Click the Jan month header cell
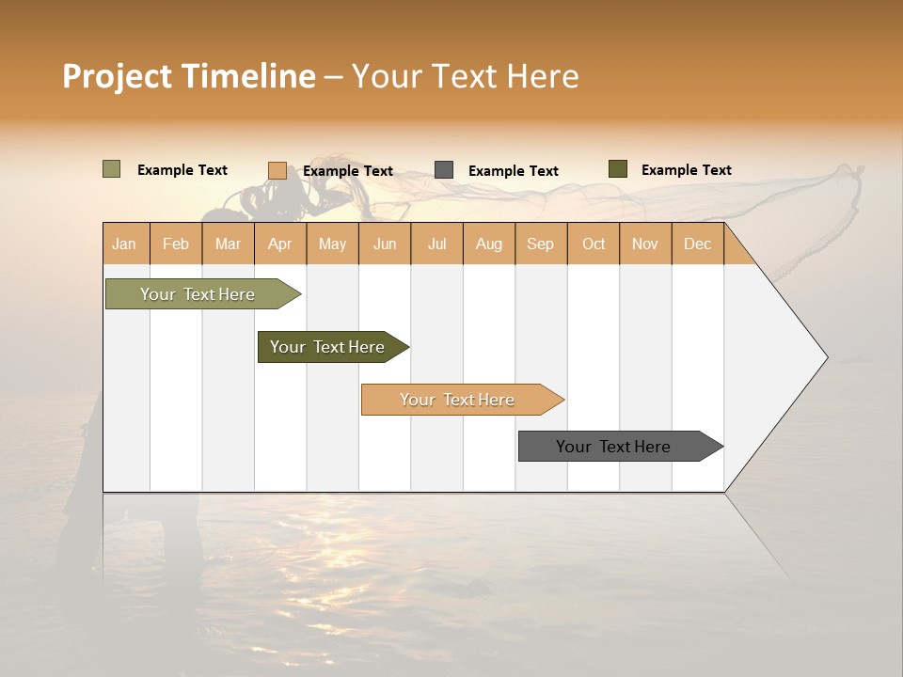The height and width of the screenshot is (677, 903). coord(125,244)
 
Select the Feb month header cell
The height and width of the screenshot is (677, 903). coord(176,244)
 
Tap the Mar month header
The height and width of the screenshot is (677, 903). coord(228,244)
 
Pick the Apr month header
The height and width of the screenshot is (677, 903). coord(280,244)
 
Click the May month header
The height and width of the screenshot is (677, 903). coord(332,244)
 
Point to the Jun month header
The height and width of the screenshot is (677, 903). coord(385,244)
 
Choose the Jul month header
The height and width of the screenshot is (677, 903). coord(436,244)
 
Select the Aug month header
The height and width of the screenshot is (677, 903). coord(489,244)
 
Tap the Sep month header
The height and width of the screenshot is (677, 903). coord(541,244)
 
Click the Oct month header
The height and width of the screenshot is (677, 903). coord(594,244)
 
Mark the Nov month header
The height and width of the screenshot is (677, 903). coord(645,244)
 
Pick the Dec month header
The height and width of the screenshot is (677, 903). coord(698,244)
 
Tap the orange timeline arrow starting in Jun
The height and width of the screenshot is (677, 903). coord(458,400)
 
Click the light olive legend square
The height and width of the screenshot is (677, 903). coord(112,169)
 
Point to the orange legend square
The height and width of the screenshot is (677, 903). coord(277,170)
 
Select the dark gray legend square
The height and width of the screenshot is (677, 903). coord(444,170)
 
